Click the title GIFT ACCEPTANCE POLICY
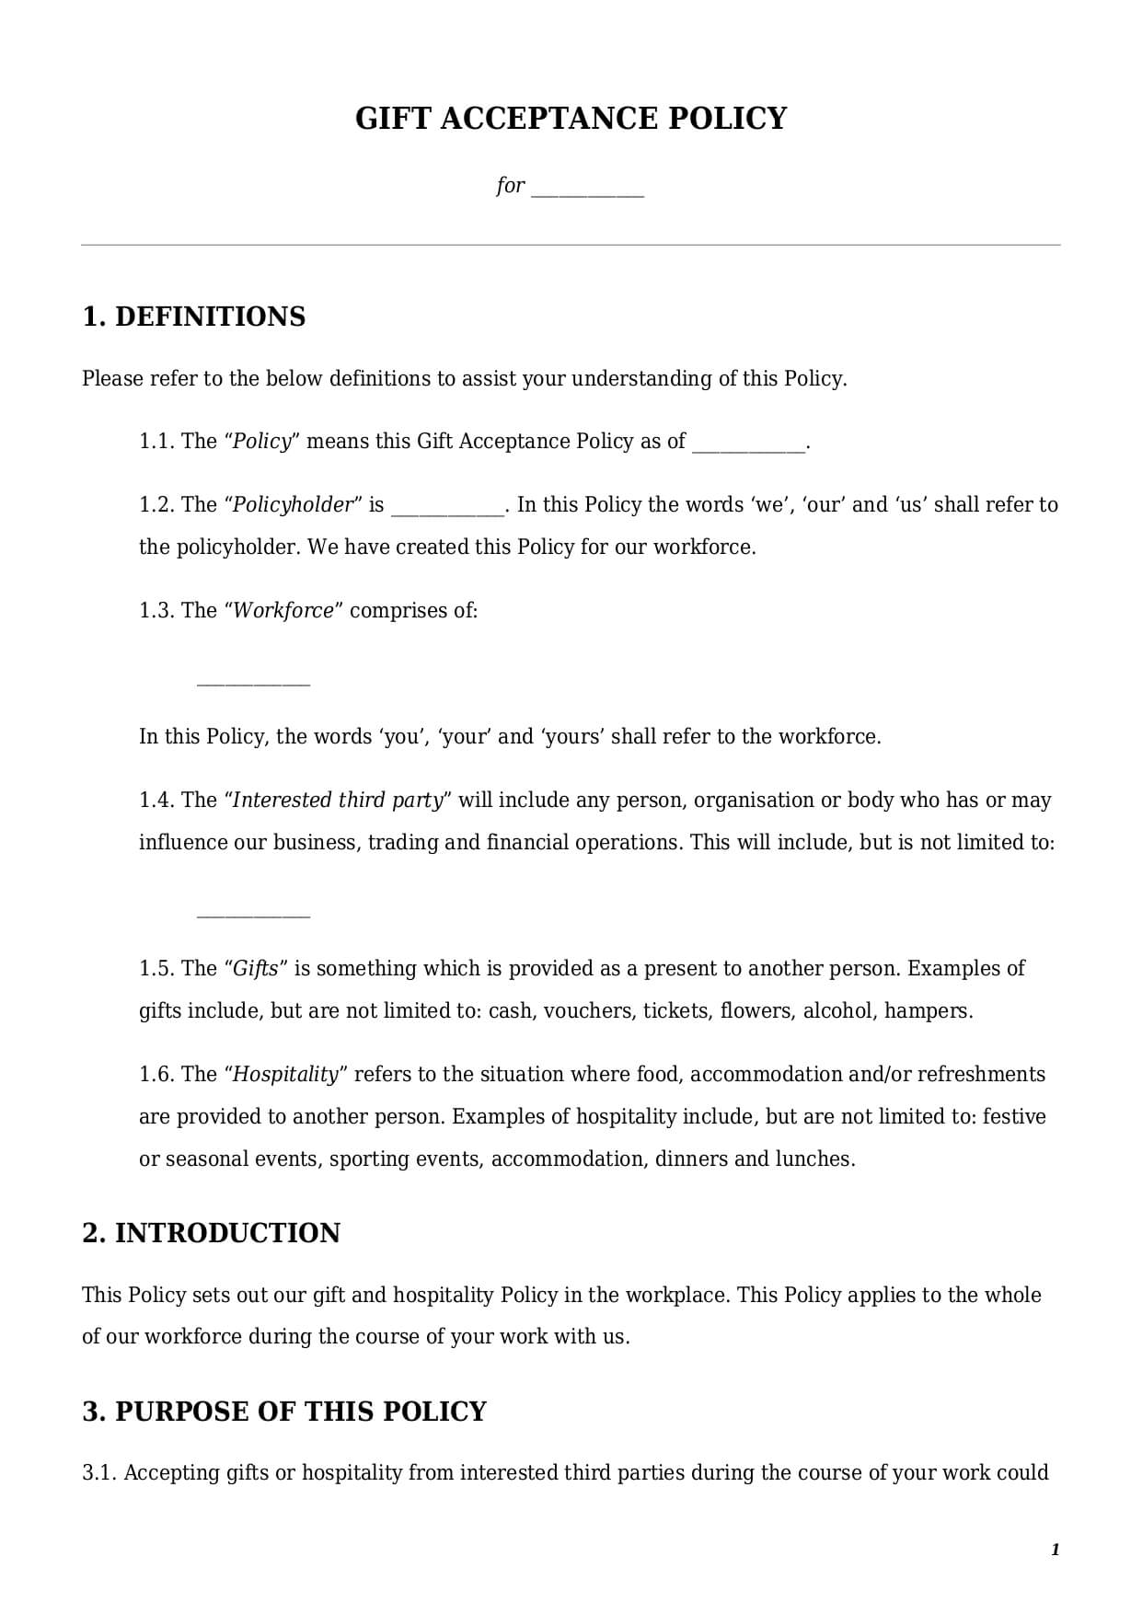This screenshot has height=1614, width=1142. click(x=571, y=119)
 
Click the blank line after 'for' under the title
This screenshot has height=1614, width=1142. click(x=588, y=191)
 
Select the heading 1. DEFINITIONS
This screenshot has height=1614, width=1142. click(x=194, y=317)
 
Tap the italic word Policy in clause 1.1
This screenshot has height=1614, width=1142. click(x=261, y=442)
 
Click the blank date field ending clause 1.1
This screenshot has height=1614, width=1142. click(x=748, y=446)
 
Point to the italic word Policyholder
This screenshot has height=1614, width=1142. click(x=293, y=505)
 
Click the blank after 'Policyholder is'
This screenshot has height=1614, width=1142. click(x=448, y=510)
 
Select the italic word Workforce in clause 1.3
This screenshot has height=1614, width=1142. click(x=283, y=611)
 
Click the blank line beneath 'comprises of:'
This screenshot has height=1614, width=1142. click(x=253, y=683)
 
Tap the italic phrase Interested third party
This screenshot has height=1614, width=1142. click(x=338, y=801)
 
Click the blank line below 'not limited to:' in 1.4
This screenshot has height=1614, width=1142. click(x=253, y=915)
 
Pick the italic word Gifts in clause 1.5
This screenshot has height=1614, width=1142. click(x=256, y=969)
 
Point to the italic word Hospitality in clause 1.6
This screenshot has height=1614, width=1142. click(x=286, y=1075)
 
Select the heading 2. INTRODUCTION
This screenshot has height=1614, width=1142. click(x=211, y=1233)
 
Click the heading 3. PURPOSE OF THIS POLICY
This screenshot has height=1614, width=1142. click(x=284, y=1412)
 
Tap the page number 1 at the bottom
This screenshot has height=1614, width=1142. click(x=1055, y=1551)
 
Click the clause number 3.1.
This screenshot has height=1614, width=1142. click(x=99, y=1473)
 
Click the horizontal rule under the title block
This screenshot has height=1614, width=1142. click(x=571, y=245)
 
